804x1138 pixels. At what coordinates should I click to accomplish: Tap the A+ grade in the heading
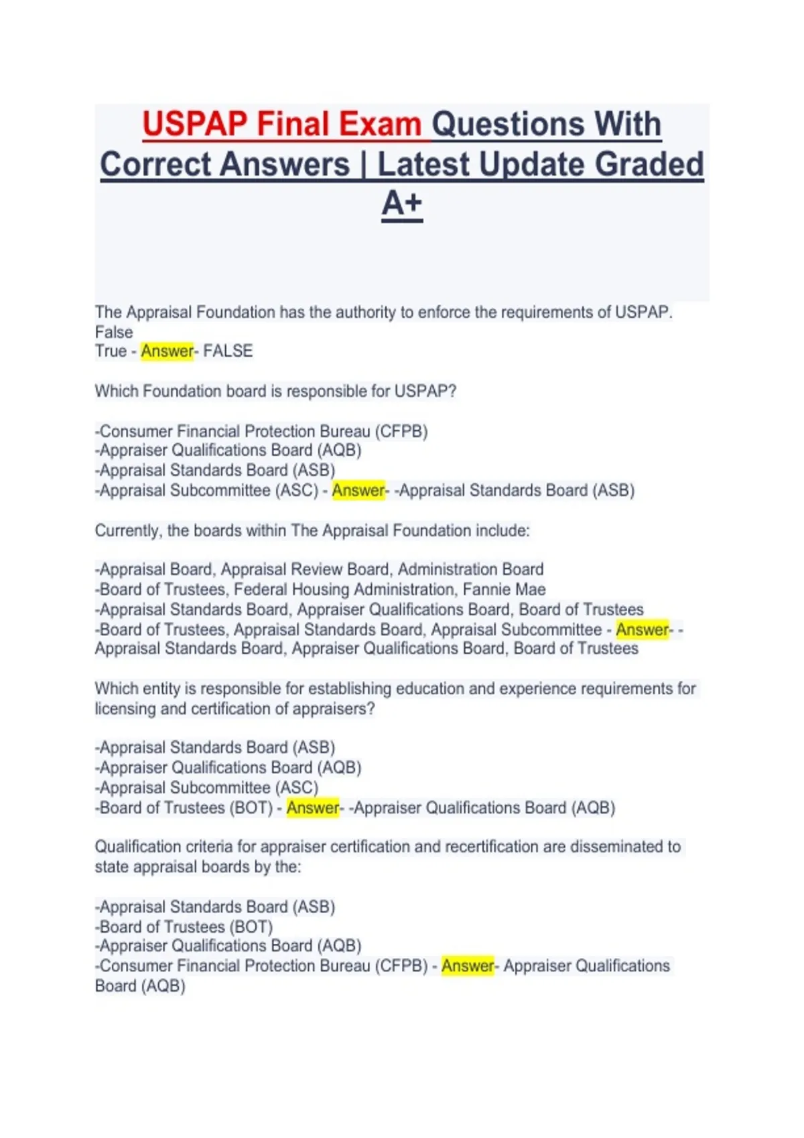(402, 204)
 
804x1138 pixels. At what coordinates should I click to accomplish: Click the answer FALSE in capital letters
(228, 351)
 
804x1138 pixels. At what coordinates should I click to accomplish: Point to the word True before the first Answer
(111, 351)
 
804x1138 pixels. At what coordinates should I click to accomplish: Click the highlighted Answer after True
(167, 351)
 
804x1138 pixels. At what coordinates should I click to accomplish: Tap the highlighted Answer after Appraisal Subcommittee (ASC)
(358, 491)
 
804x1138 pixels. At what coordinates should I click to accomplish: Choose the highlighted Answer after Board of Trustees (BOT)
(313, 808)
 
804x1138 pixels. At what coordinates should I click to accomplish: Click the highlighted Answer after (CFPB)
(468, 966)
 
